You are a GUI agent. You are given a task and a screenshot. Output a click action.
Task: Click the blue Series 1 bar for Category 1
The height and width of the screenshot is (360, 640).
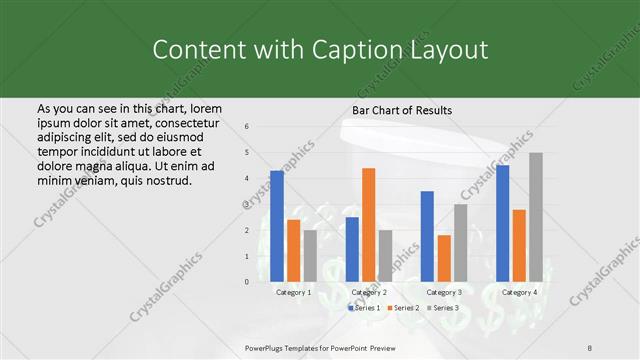[277, 226]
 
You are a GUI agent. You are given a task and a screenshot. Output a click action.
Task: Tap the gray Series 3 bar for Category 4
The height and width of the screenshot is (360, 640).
[535, 216]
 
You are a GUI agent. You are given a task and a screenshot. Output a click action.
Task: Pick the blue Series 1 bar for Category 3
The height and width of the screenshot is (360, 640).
[427, 236]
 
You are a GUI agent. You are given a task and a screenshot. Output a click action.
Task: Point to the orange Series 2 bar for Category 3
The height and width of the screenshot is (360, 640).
[443, 258]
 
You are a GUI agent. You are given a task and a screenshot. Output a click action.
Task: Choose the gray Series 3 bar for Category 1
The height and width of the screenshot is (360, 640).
[310, 255]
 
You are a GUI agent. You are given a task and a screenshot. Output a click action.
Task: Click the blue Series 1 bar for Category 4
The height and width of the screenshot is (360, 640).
[502, 223]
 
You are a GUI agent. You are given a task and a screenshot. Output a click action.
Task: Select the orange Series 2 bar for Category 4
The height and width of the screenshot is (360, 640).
[519, 245]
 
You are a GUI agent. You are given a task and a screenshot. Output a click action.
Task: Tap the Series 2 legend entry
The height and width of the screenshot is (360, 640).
[405, 308]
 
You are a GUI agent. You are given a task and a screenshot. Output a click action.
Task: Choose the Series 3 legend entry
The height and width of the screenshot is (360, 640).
[444, 308]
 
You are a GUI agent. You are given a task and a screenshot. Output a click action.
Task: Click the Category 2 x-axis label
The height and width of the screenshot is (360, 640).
[369, 292]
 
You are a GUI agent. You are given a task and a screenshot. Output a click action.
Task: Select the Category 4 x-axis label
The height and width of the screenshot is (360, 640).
[519, 292]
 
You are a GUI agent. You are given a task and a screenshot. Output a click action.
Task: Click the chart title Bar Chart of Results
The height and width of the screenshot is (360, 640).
[402, 109]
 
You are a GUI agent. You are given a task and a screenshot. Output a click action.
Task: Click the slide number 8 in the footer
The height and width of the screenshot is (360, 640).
[590, 347]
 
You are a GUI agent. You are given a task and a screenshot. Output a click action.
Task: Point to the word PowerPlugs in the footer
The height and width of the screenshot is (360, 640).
[268, 347]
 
